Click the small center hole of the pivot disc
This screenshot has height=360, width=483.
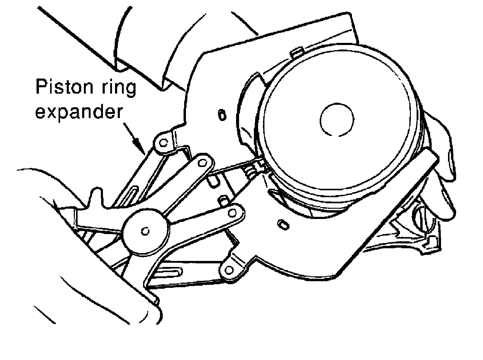coord(145,231)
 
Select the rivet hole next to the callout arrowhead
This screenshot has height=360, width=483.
coord(163,142)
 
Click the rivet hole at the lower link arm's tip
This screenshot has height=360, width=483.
coord(232,213)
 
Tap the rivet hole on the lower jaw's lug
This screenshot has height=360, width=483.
coord(229,268)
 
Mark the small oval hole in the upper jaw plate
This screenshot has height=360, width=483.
coord(222,115)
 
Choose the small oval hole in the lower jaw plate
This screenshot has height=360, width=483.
coord(283,224)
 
